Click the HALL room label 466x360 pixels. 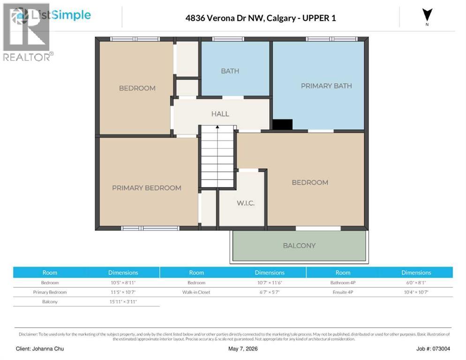pos(220,114)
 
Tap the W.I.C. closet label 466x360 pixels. pos(246,203)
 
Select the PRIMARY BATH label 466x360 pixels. pos(326,86)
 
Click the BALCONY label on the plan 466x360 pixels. pos(299,246)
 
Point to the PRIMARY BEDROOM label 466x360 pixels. pos(147,188)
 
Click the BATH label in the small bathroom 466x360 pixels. pos(230,71)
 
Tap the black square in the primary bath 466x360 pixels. pos(282,125)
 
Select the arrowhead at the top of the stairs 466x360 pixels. pos(218,127)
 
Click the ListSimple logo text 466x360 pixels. pos(61,15)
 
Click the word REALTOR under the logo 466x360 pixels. pos(26,57)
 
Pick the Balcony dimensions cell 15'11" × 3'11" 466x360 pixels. pos(123,302)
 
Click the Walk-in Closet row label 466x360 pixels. pos(196,292)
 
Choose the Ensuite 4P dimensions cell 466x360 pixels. pos(416,292)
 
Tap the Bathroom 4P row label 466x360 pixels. pos(343,283)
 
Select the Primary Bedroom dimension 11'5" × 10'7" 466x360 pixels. pos(123,292)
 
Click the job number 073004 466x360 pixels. pos(441,349)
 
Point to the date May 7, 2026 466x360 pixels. pos(243,349)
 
